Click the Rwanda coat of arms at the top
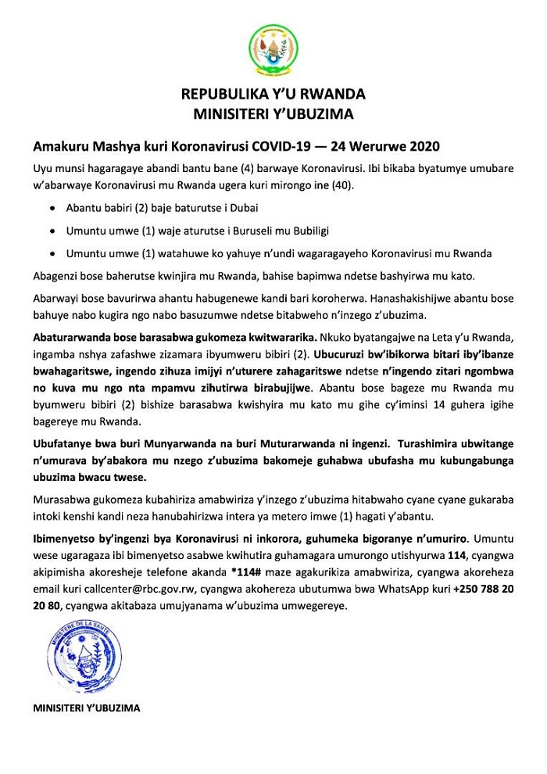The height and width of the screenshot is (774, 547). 273,48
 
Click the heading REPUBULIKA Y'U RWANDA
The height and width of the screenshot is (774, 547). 273,95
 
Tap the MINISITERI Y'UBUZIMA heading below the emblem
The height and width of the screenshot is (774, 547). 273,115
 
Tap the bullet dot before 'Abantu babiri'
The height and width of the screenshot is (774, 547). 52,210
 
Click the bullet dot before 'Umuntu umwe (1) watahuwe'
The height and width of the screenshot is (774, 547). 52,255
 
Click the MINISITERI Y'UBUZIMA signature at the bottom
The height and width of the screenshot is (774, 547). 87,708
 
